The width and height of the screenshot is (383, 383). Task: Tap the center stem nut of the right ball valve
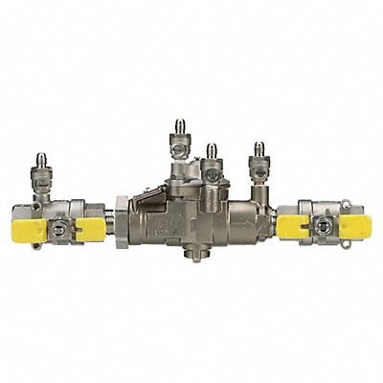pos(324,226)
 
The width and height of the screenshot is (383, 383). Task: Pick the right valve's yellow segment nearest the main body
pos(291,226)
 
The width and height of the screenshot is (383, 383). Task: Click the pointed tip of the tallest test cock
pos(178,123)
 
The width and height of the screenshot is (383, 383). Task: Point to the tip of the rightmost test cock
pos(258,146)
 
